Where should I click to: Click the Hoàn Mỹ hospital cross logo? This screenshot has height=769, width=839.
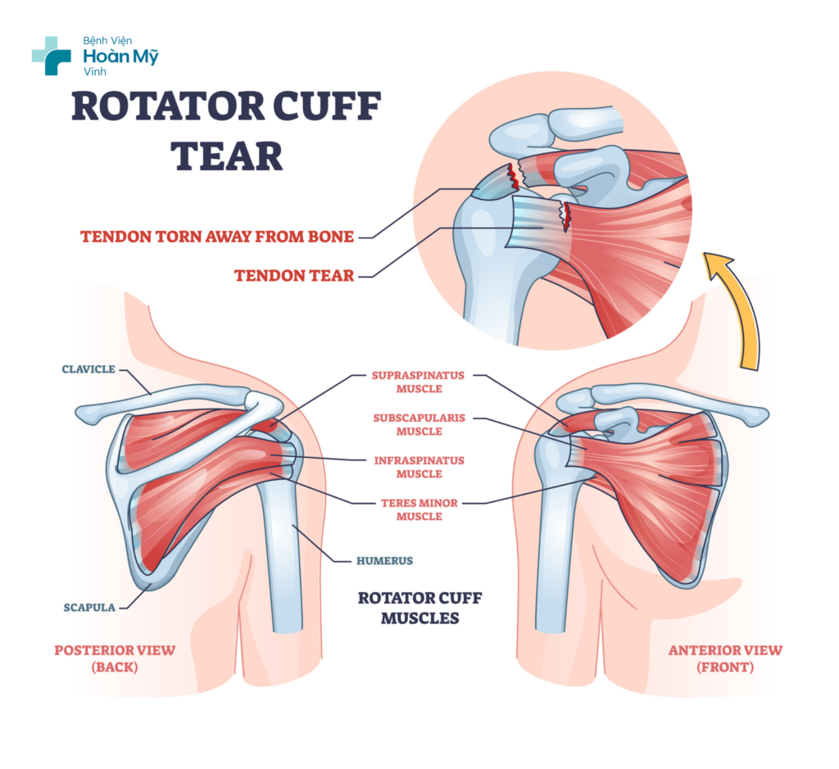coord(51,56)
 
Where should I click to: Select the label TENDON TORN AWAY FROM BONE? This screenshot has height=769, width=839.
coord(217,237)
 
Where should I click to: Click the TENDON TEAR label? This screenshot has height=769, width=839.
coord(294,276)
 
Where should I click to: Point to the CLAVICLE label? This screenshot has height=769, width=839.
coord(89,369)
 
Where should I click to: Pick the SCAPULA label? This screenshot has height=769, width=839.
coord(89,608)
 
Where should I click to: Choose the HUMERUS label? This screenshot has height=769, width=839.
coord(384,561)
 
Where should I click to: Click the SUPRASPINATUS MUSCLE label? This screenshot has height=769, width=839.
coord(419,382)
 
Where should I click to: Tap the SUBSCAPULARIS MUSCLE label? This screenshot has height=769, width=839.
coord(419,424)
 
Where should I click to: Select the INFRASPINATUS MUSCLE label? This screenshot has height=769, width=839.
coord(419,467)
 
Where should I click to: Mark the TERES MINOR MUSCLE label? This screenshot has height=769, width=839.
coord(419,509)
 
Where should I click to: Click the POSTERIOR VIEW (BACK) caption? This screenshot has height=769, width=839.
coord(115,658)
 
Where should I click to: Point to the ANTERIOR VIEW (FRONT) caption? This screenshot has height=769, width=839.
coord(725,658)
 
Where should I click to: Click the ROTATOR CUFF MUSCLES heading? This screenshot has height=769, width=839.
coord(419,608)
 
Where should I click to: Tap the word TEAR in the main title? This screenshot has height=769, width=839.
coord(229,155)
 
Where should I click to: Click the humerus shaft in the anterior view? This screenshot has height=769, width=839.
coord(554,557)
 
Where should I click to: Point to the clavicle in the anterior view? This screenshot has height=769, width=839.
coord(688,400)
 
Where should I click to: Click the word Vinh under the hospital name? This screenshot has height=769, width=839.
coord(96,72)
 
